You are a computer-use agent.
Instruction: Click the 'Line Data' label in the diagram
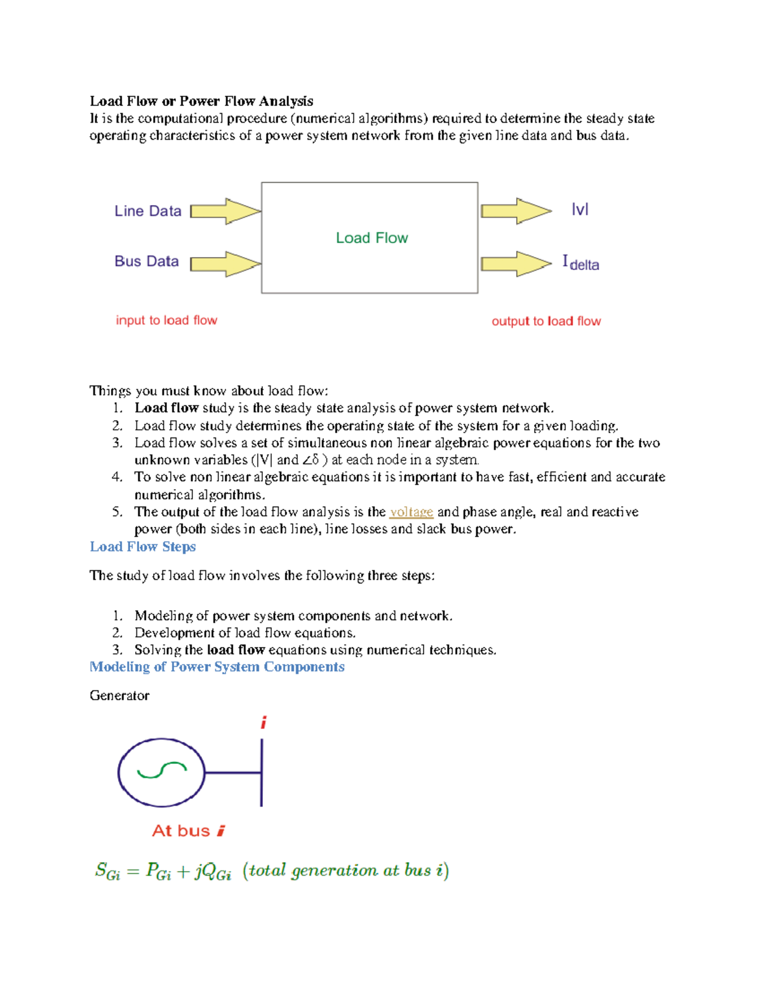pos(148,211)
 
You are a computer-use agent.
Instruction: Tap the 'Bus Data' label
pos(147,261)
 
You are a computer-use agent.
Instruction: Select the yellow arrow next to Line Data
pos(225,211)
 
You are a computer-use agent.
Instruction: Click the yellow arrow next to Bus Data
pos(225,264)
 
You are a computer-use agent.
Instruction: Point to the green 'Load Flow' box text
pos(371,238)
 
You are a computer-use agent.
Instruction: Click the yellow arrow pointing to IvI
pos(516,211)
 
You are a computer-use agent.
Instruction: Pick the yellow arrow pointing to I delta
pos(516,264)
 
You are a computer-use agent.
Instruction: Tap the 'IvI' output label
pos(580,210)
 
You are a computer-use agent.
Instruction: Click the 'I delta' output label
pos(580,263)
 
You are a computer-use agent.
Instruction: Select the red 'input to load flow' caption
pos(166,320)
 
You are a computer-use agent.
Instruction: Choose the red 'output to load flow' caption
pos(546,321)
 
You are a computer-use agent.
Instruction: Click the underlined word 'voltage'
pos(411,512)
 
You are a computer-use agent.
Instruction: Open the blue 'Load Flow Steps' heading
pos(143,547)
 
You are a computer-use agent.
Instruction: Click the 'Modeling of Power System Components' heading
pos(217,667)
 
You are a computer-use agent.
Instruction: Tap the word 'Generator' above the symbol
pos(119,695)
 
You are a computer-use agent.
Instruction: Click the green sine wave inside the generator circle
pos(162,771)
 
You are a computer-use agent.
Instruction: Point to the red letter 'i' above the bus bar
pos(264,723)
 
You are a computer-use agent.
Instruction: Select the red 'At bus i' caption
pos(189,830)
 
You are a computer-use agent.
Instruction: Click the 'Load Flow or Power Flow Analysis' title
pos(201,101)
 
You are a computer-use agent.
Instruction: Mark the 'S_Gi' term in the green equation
pos(107,871)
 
